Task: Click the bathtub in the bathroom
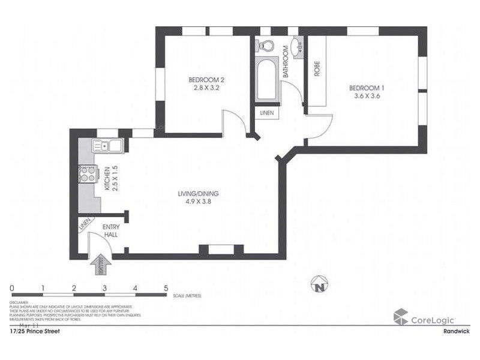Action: coord(266,81)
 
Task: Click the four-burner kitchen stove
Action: coord(88,173)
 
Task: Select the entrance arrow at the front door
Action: coord(98,265)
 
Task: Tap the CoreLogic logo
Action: coord(424,318)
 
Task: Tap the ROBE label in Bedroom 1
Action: coord(317,69)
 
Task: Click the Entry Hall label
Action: coord(110,230)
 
